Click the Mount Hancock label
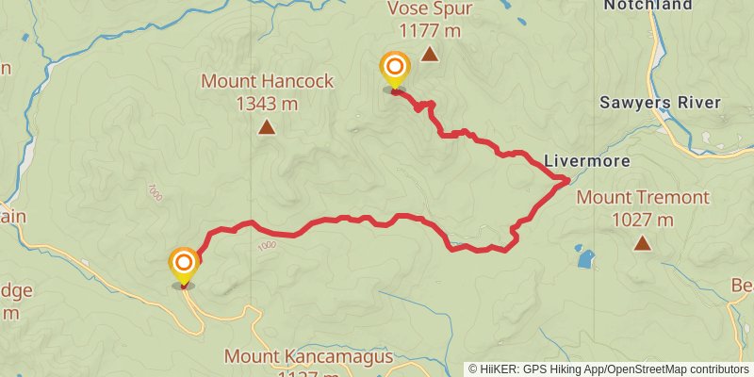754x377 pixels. click(x=267, y=82)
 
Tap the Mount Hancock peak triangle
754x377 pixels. click(x=267, y=127)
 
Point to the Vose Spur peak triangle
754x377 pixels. click(x=430, y=55)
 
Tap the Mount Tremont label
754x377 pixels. click(x=643, y=198)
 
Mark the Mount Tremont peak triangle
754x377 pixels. click(x=643, y=244)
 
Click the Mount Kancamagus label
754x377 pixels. click(x=291, y=356)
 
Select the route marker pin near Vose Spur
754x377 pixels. click(x=394, y=69)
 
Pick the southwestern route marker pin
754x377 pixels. click(x=183, y=264)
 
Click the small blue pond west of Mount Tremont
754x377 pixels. click(x=585, y=256)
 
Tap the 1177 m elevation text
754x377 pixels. click(x=429, y=31)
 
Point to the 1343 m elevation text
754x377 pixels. click(x=267, y=104)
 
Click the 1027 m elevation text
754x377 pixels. click(x=643, y=221)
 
